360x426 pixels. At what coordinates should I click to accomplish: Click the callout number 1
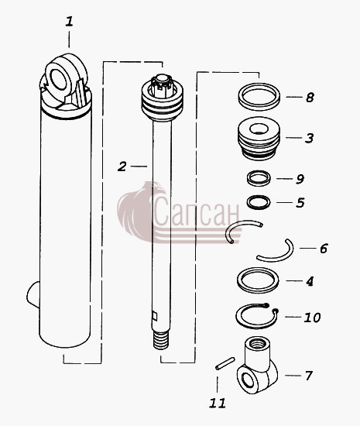pos(69,22)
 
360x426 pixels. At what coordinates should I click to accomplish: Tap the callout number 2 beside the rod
pos(122,167)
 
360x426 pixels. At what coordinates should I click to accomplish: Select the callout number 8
pos(310,98)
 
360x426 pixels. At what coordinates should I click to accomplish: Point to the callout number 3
pos(309,138)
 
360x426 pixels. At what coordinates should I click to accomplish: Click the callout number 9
pos(300,179)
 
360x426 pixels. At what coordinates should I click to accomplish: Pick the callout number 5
pos(300,203)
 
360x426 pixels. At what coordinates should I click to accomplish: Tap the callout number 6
pos(324,249)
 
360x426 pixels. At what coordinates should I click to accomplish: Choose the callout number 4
pos(310,281)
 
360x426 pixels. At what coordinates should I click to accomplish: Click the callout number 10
pos(312,318)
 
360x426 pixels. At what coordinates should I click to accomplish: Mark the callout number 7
pos(309,376)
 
